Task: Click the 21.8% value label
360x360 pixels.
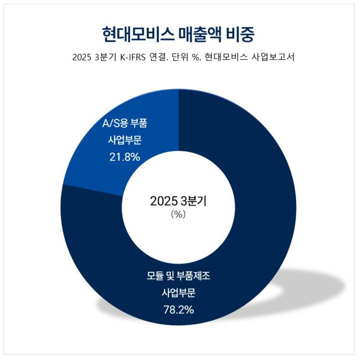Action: point(125,157)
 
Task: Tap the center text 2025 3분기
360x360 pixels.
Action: point(178,201)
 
